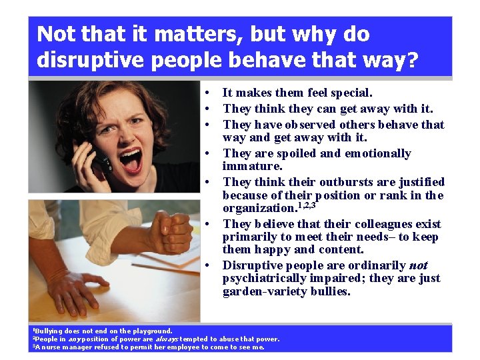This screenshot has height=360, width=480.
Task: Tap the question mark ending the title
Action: click(x=411, y=61)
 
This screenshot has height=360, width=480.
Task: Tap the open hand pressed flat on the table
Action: click(x=73, y=290)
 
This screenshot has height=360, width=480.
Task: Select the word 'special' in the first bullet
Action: click(x=348, y=93)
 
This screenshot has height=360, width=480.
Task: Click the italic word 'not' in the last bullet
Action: click(x=418, y=265)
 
